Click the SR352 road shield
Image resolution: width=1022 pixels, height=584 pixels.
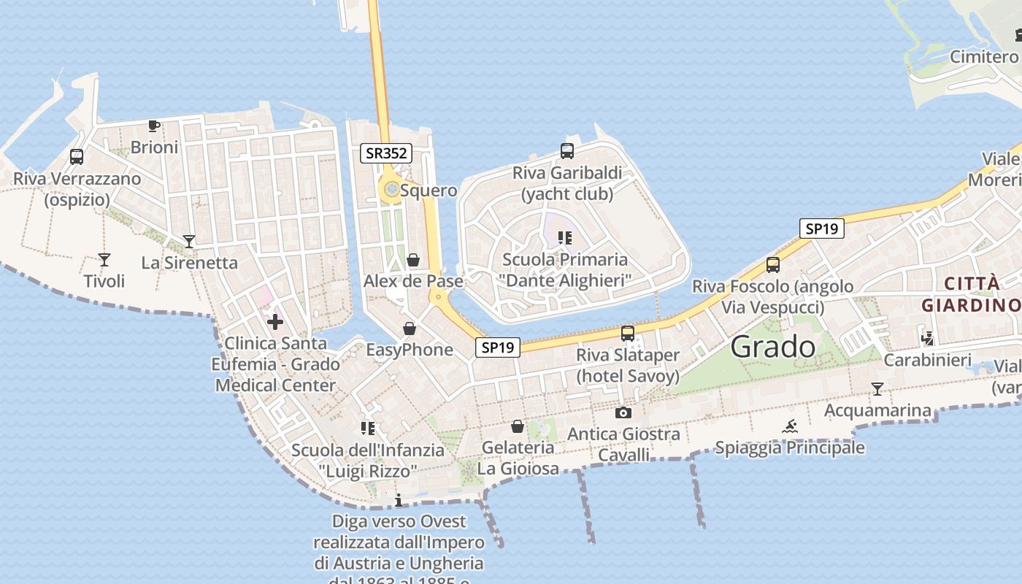coord(386,153)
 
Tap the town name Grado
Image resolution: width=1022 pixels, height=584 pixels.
coord(772,346)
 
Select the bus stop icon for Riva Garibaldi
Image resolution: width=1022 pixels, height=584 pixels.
coord(567,151)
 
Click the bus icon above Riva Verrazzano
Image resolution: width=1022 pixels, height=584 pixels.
coord(77,156)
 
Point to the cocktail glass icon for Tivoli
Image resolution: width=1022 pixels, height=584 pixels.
coord(104,259)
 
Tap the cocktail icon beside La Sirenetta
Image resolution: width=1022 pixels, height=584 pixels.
coord(189,241)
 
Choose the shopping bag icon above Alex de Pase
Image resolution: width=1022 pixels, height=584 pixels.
coord(413,260)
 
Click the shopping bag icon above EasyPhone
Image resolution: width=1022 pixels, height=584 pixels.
coord(410,328)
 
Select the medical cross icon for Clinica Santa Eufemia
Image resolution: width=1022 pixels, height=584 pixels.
coord(275,321)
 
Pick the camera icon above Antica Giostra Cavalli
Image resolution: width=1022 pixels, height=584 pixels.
coord(623,412)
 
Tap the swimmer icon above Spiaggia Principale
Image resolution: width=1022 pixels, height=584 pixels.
coord(790,426)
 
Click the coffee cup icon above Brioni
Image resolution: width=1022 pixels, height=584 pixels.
coord(154,126)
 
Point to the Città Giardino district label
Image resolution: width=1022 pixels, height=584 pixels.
coord(971,294)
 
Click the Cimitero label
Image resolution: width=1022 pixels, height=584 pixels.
coord(983,57)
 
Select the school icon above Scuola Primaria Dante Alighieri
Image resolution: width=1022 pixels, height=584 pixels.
coord(564,238)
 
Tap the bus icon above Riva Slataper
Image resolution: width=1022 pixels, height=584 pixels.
coord(627,334)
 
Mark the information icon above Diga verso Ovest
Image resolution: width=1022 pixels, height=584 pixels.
coord(399,500)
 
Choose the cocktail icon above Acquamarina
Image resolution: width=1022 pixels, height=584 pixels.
coord(877,389)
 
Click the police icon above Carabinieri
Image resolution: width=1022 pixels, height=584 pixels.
coord(928,338)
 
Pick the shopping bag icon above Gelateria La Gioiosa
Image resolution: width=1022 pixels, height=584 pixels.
coord(518,426)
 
